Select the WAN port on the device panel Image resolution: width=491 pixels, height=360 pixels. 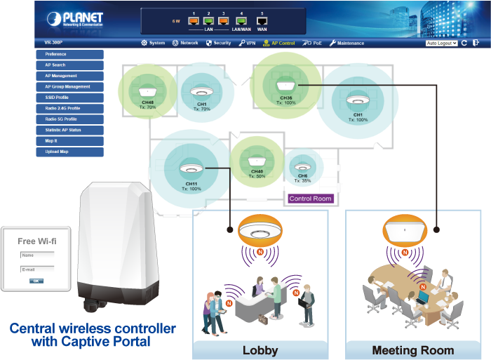click(262, 21)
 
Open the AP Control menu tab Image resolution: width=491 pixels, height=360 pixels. click(278, 43)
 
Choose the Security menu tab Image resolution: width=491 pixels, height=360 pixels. click(218, 43)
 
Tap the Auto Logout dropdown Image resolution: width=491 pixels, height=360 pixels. click(441, 43)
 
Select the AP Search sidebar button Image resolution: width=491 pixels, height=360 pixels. click(69, 65)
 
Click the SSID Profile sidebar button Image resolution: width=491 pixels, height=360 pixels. click(69, 98)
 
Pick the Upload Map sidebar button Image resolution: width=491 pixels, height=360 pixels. click(69, 152)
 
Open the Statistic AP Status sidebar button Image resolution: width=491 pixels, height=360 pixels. click(69, 130)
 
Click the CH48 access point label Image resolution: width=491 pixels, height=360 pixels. click(147, 103)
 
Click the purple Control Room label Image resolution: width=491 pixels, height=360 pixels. click(310, 199)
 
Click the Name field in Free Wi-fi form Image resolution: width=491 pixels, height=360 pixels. click(37, 256)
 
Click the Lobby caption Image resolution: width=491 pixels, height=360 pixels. click(260, 350)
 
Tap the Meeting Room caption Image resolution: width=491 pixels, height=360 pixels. click(413, 350)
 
